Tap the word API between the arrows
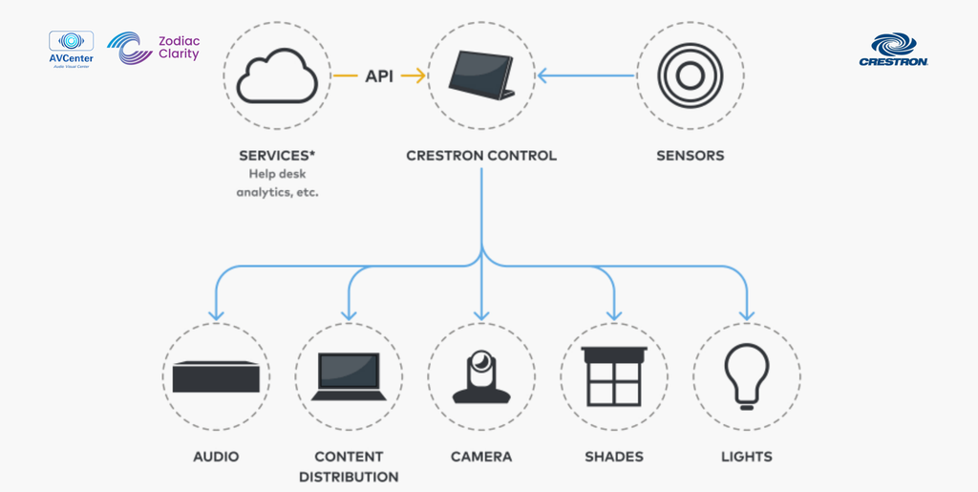point(379,75)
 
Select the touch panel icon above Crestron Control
point(481,75)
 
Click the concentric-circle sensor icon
point(690,75)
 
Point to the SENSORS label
point(690,155)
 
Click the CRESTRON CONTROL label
point(481,155)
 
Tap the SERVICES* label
point(277,155)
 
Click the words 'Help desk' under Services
point(277,174)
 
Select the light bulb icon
point(747,374)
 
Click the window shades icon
point(614,374)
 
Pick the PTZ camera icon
point(481,376)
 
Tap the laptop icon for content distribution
point(349,376)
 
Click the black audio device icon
point(216,376)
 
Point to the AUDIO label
point(216,457)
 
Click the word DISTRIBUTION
point(349,477)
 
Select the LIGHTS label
point(747,457)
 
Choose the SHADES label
point(614,457)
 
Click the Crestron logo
point(894,50)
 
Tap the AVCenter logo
point(71,49)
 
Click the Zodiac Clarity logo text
point(179,48)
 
